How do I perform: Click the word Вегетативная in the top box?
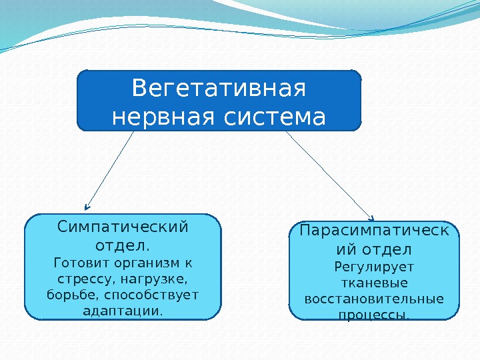219,88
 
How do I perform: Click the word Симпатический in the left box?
123,227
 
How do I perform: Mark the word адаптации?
123,311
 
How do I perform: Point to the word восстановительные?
374,299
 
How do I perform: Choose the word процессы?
374,315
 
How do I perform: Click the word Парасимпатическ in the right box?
374,231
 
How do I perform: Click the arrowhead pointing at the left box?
87,207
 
